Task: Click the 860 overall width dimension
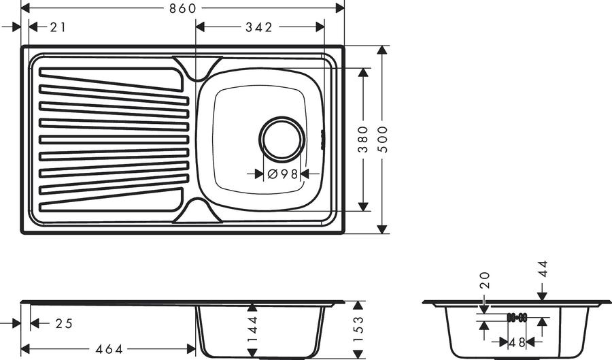(183, 7)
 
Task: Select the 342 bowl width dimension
(259, 27)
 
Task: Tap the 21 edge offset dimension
(58, 27)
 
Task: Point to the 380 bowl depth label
(363, 140)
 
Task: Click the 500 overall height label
(383, 140)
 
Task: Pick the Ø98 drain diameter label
(283, 174)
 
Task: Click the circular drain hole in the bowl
(282, 140)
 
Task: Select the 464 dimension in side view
(109, 348)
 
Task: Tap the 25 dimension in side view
(65, 324)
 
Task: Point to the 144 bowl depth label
(253, 329)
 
